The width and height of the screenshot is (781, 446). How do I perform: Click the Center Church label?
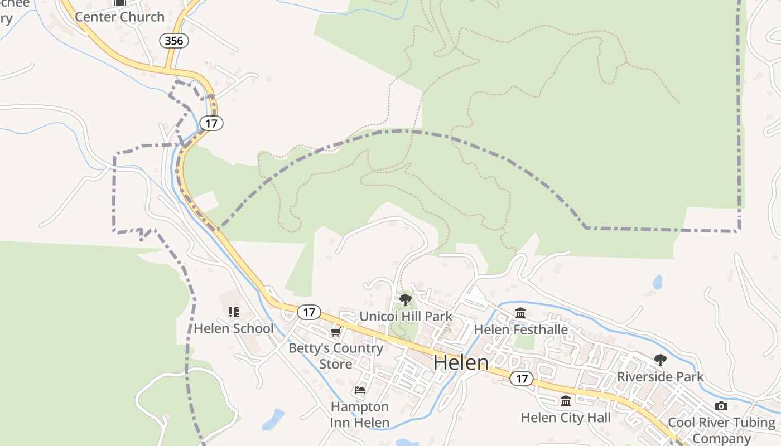[x=119, y=17]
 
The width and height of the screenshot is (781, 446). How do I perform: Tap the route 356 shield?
[x=174, y=41]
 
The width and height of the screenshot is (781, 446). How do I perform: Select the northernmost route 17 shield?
[x=211, y=123]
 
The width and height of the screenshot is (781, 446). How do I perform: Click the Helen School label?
[x=234, y=328]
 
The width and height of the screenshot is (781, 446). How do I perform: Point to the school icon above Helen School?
[x=234, y=312]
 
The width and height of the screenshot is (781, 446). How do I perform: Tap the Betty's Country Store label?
[x=336, y=356]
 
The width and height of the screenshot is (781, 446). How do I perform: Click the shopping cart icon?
[x=335, y=333]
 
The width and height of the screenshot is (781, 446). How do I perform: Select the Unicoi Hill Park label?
[x=406, y=317]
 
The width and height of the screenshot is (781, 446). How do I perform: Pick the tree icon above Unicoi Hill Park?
[x=406, y=300]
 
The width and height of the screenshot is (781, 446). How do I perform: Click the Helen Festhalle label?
[x=520, y=329]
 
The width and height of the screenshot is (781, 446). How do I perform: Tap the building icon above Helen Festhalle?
[x=520, y=313]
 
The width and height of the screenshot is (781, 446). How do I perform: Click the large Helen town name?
[x=461, y=363]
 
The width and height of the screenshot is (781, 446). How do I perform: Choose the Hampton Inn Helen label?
[x=360, y=414]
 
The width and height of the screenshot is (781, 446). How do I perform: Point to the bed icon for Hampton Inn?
[x=360, y=390]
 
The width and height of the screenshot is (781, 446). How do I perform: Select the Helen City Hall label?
[x=566, y=417]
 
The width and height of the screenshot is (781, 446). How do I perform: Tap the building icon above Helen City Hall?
[x=566, y=401]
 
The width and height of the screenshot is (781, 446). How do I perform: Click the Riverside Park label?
[x=661, y=377]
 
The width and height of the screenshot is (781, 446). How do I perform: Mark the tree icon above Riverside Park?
[x=661, y=360]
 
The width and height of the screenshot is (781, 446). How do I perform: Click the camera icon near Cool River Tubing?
[x=721, y=406]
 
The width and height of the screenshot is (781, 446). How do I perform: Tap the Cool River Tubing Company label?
[x=721, y=430]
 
